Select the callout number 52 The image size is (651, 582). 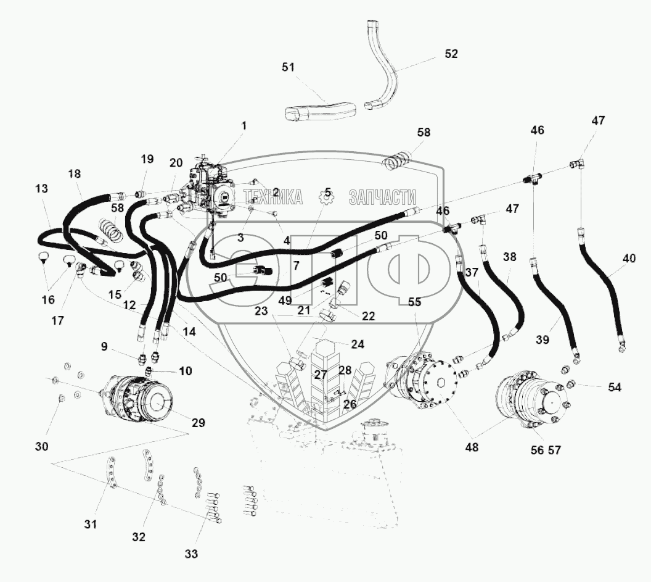(x=451, y=54)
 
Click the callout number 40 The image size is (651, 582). (x=629, y=259)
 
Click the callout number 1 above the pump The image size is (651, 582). (x=244, y=125)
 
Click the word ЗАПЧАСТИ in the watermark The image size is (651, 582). (x=382, y=197)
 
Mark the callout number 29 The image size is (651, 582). (x=198, y=423)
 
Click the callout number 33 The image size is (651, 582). (x=192, y=554)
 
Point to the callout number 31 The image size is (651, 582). (x=91, y=525)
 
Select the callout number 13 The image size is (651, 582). (x=41, y=188)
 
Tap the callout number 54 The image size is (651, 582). (x=614, y=387)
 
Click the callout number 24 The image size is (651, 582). (x=357, y=344)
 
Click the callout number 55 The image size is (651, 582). (x=414, y=302)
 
